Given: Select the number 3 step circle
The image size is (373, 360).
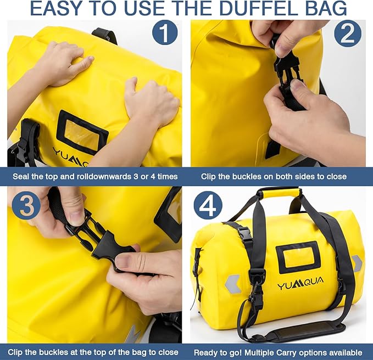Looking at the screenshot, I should (26, 206).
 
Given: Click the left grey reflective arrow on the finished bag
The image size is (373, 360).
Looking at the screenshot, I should (232, 284).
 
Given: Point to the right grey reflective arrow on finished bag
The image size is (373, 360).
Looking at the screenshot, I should (357, 263).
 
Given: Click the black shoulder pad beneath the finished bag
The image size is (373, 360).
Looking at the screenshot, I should (309, 331).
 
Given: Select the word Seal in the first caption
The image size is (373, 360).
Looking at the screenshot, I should (24, 177).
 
